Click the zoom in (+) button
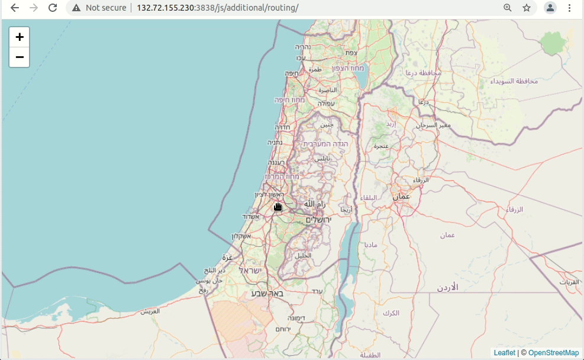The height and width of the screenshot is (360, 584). point(20,37)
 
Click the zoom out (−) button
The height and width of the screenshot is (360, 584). point(20,57)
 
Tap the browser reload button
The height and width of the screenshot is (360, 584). point(53,8)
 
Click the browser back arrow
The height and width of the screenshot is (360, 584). point(15,8)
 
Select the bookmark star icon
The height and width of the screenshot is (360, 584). point(527,8)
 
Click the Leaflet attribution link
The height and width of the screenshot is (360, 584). point(504,353)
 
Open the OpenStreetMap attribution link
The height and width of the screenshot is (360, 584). point(553,353)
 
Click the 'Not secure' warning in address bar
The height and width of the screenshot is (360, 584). point(99,8)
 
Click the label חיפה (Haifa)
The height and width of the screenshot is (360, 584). point(291,73)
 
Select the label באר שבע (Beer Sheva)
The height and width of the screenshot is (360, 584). point(267,293)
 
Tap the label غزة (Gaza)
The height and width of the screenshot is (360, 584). point(227,258)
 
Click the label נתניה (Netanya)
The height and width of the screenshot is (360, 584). point(275,142)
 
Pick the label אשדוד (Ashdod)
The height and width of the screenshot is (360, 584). point(251,216)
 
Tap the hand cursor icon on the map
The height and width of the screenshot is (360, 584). point(278,206)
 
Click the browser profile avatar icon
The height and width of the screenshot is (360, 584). point(550,8)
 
